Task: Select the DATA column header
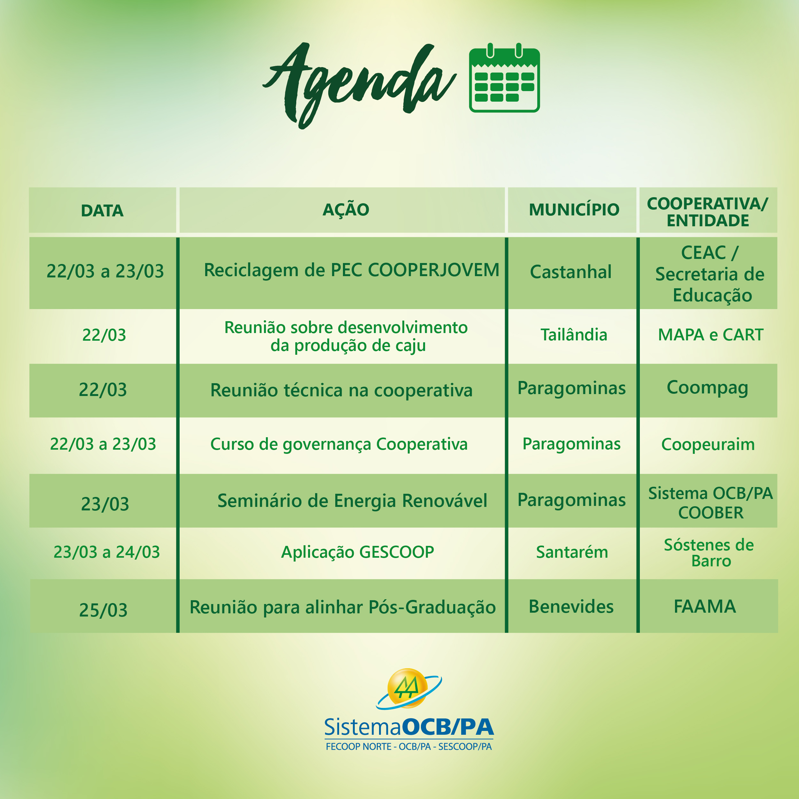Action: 102,211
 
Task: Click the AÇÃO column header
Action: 346,209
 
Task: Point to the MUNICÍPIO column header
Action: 574,209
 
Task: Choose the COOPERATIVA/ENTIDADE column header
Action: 708,212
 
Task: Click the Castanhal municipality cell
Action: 571,272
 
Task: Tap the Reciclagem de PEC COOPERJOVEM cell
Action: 352,270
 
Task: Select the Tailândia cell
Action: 574,335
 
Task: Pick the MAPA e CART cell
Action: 710,335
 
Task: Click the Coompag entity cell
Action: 708,388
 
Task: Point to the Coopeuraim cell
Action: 708,445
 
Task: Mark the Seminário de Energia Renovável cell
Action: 352,500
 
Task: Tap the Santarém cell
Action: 572,552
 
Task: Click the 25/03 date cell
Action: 103,610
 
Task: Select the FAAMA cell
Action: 705,607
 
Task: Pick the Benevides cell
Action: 571,607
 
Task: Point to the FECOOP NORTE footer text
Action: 359,747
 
